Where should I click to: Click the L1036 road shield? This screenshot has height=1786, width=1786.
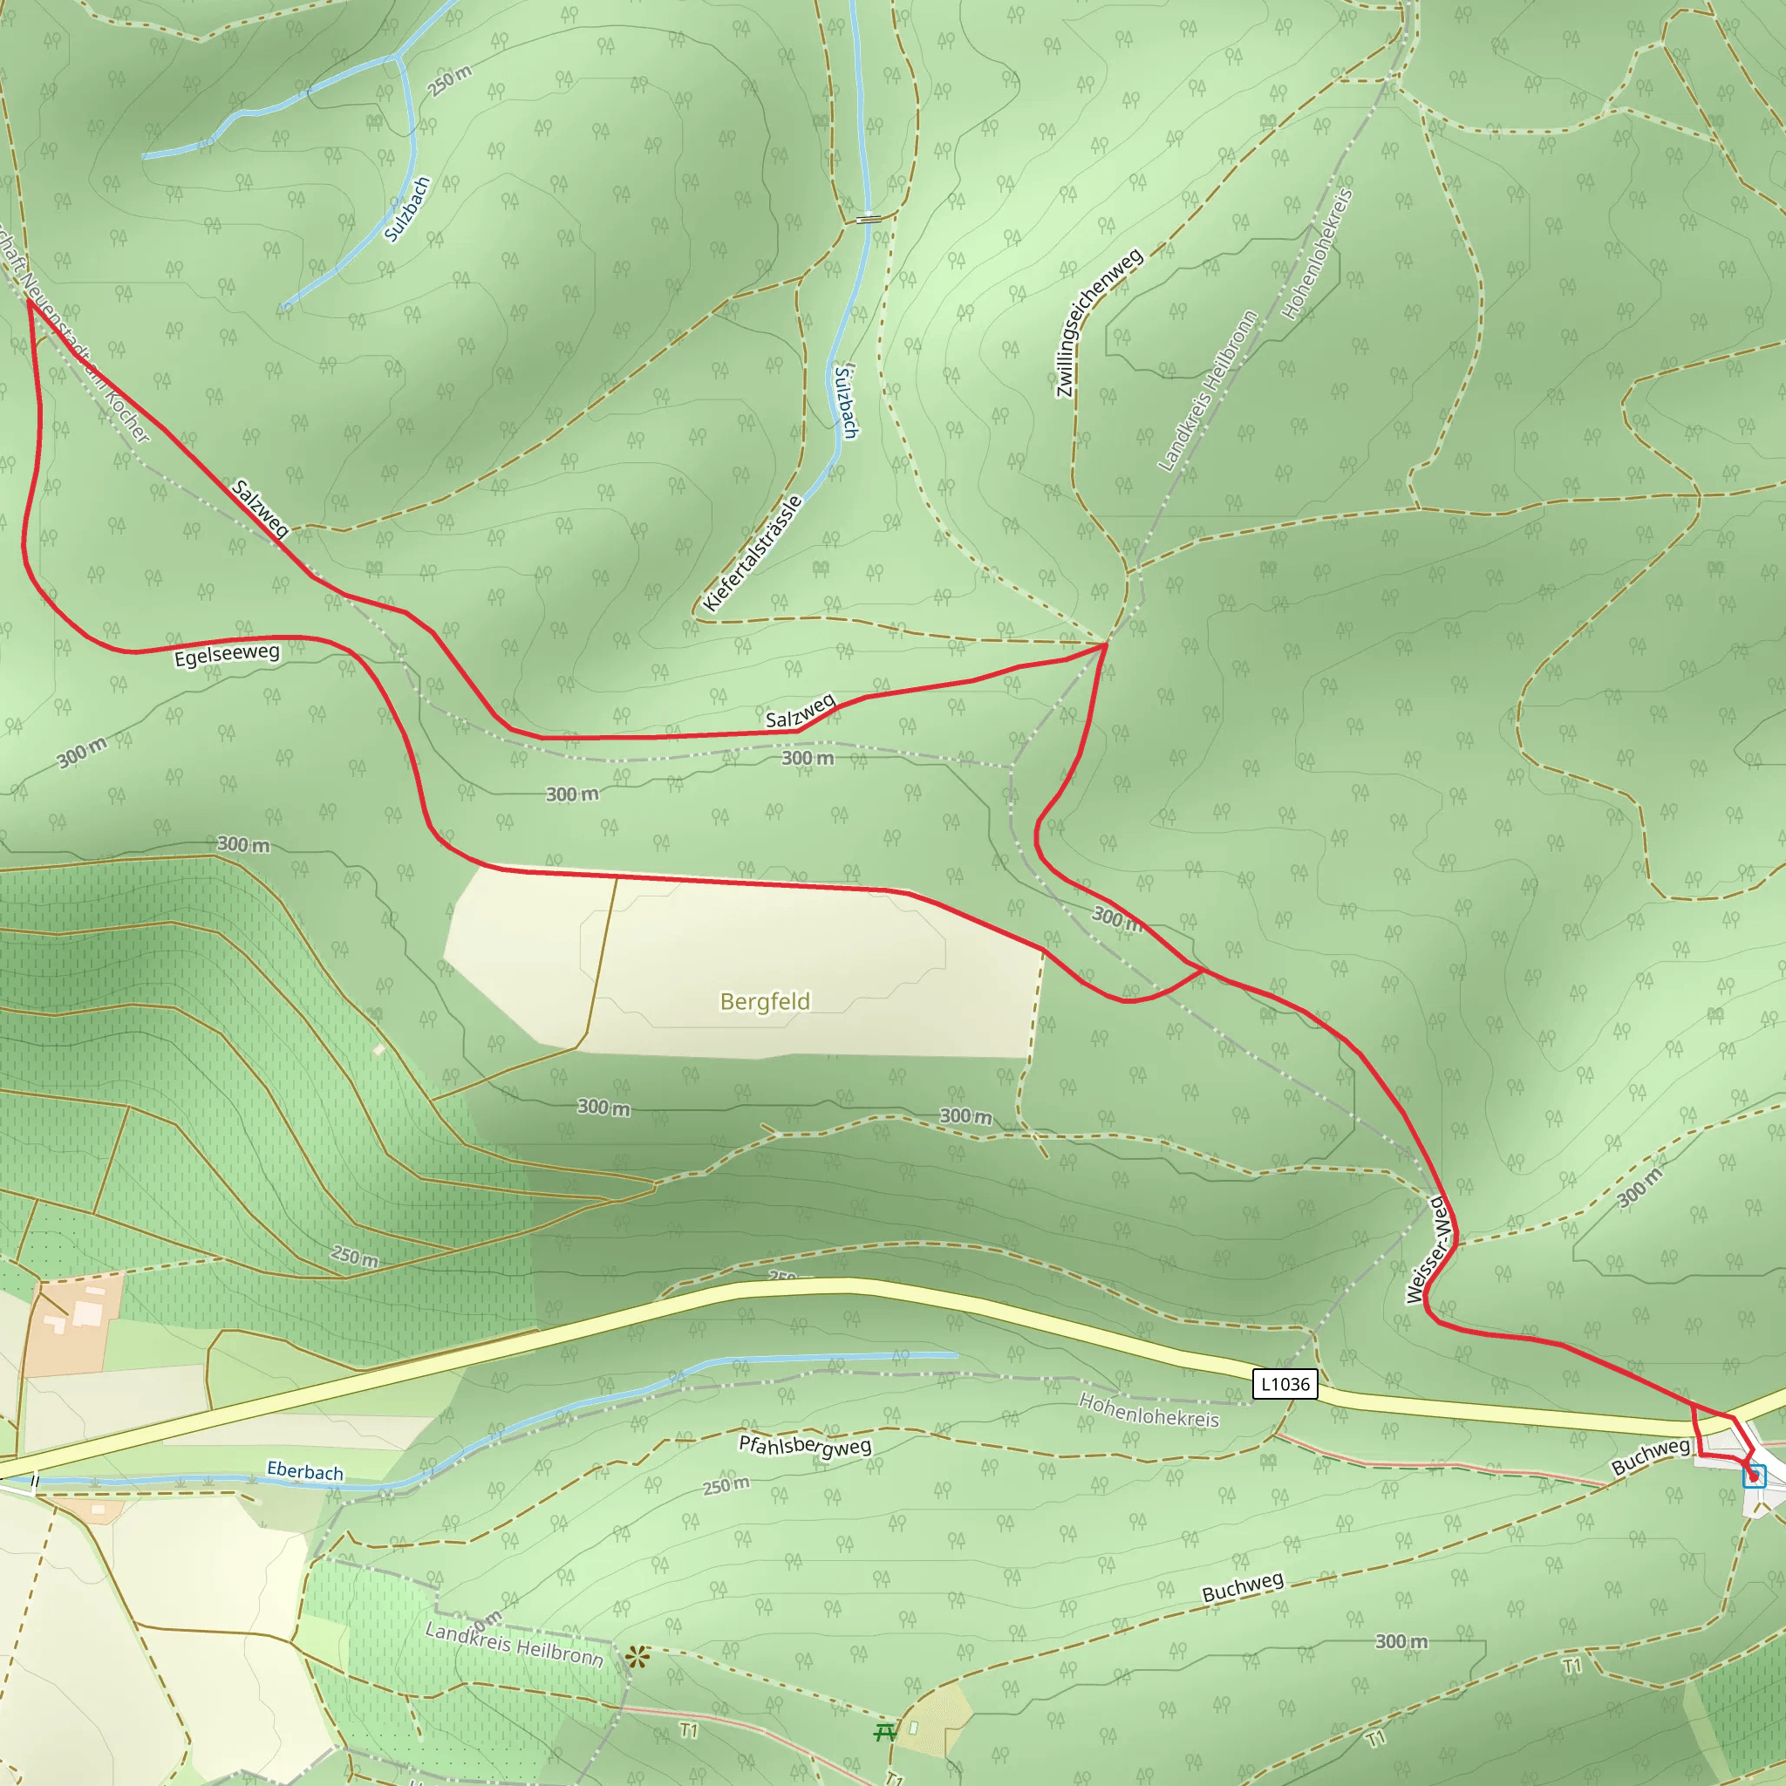tap(1285, 1384)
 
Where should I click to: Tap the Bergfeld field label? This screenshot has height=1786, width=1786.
tap(765, 1001)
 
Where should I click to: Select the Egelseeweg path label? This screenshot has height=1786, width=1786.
tap(227, 655)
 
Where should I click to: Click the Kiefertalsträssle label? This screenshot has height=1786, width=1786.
tap(752, 554)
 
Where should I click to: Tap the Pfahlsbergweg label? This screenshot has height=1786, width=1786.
tap(804, 1446)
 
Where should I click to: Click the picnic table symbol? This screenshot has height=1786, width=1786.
tap(884, 1730)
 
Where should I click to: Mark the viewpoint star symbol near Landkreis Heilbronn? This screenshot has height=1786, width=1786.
tap(637, 1658)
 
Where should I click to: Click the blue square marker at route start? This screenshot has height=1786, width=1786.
tap(1754, 1476)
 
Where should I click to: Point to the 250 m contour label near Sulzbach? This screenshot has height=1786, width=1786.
tap(450, 80)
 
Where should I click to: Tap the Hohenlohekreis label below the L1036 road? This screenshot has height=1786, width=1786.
tap(1149, 1411)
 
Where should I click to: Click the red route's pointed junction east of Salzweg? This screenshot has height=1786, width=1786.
tap(1106, 644)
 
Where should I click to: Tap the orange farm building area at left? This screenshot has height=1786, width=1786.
tap(74, 1322)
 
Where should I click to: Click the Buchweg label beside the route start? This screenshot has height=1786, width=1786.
tap(1650, 1457)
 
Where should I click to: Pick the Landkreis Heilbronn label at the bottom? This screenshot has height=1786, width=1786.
tap(514, 1645)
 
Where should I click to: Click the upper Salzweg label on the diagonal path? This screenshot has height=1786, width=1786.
tap(260, 508)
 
